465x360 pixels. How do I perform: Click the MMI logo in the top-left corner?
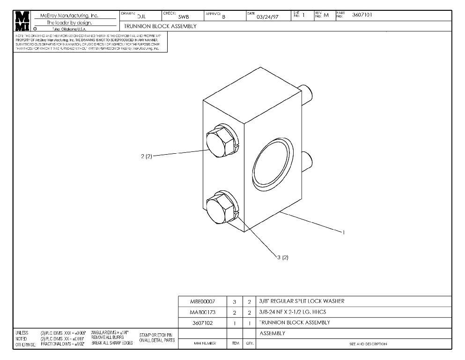(22, 21)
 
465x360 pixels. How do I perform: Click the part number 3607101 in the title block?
(362, 15)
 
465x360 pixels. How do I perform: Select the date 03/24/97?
(267, 17)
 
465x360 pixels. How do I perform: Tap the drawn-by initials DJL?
(141, 16)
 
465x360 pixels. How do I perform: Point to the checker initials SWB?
(184, 17)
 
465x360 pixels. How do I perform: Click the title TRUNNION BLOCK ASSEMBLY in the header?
(160, 26)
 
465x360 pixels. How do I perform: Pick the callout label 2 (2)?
(147, 156)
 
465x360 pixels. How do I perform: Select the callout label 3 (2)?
(282, 257)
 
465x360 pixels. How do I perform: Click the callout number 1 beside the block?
(344, 232)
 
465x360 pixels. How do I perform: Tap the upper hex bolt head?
(219, 142)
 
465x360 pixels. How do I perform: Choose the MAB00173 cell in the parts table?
(203, 312)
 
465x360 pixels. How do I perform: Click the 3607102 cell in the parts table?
(203, 322)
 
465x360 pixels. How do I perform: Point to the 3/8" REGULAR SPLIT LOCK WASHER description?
(302, 301)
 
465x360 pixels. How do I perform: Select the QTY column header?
(249, 344)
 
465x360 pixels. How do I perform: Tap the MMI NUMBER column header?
(203, 344)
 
